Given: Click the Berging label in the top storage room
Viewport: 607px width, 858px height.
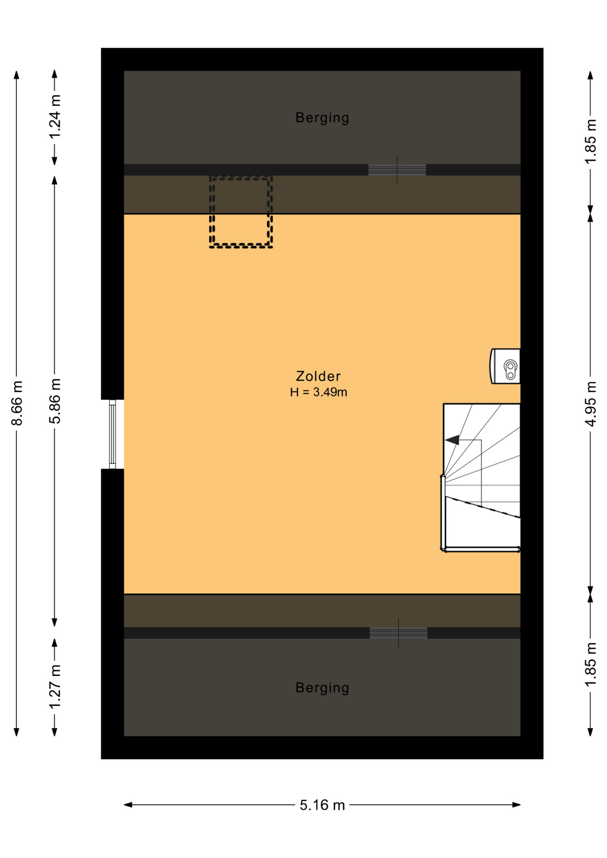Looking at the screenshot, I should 322,118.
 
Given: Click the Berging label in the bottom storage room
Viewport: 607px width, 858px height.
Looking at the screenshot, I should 322,687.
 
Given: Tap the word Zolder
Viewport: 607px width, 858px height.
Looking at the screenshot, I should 318,376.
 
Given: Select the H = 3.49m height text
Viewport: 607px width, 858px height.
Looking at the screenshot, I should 318,392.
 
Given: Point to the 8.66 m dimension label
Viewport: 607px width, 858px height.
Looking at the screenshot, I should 17,403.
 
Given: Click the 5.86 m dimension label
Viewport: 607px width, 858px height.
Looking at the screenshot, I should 55,401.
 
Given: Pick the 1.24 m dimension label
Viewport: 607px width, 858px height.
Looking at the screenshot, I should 55,117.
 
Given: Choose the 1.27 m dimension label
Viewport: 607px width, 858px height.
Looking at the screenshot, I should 55,687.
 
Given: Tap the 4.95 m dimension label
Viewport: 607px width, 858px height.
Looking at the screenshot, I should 590,404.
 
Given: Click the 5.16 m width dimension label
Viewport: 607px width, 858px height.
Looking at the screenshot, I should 322,805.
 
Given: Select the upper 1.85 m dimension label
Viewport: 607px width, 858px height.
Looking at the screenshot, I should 590,142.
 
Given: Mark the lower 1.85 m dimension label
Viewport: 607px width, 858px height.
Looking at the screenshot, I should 590,665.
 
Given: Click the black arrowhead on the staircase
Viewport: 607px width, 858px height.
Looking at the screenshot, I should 452,440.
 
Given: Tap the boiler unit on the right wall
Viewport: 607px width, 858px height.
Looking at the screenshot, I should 506,366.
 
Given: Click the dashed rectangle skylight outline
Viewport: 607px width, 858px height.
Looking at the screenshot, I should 241,212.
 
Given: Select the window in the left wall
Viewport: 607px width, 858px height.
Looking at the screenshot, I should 113,434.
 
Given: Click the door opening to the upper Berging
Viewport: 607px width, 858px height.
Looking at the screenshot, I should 397,170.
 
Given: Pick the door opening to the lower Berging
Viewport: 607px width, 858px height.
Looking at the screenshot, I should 398,633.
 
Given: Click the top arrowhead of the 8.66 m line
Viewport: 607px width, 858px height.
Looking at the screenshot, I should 17,75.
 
